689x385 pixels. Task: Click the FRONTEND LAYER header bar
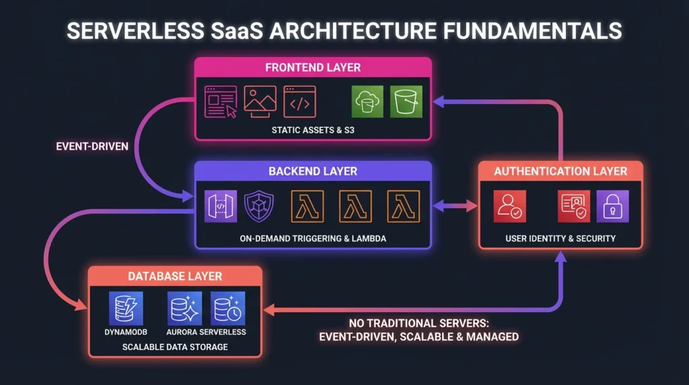[313, 67]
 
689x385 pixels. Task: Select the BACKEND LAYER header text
[312, 171]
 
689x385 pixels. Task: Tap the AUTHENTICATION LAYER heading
[560, 171]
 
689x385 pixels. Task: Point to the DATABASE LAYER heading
[174, 276]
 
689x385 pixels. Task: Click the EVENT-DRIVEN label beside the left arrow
[93, 145]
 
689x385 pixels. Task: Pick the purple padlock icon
[612, 206]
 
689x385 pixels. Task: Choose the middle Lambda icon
[356, 206]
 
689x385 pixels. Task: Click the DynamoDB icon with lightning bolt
[126, 308]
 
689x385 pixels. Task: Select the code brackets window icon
[300, 102]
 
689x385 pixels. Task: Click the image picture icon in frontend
[260, 102]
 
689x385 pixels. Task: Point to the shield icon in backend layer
[260, 206]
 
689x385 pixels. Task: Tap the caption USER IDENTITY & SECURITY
[560, 238]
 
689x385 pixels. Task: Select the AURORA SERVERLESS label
[206, 332]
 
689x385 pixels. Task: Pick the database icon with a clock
[227, 308]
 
